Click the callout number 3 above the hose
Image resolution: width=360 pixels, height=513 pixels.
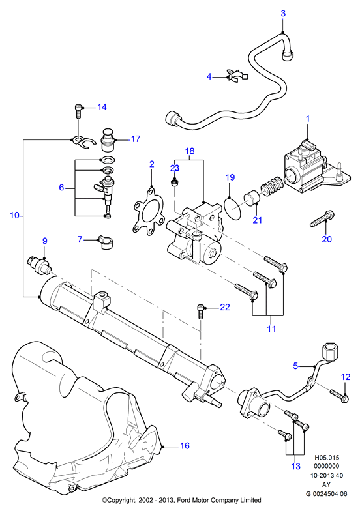(x=283, y=13)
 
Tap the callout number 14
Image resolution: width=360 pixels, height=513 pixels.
(x=102, y=107)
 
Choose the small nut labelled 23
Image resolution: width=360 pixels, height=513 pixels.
(x=175, y=182)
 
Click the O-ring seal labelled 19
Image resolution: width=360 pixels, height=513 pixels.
(x=233, y=208)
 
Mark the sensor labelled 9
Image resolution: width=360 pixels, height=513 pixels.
(x=38, y=265)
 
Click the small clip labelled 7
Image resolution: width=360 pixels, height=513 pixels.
(x=105, y=241)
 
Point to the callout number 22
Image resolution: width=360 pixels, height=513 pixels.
(x=225, y=307)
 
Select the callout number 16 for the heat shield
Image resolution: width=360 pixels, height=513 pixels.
(x=185, y=446)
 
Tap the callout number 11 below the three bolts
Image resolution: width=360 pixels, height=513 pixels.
(x=271, y=328)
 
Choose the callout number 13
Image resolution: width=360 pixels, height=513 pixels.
(x=295, y=466)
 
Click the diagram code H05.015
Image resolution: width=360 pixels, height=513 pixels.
(x=327, y=458)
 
